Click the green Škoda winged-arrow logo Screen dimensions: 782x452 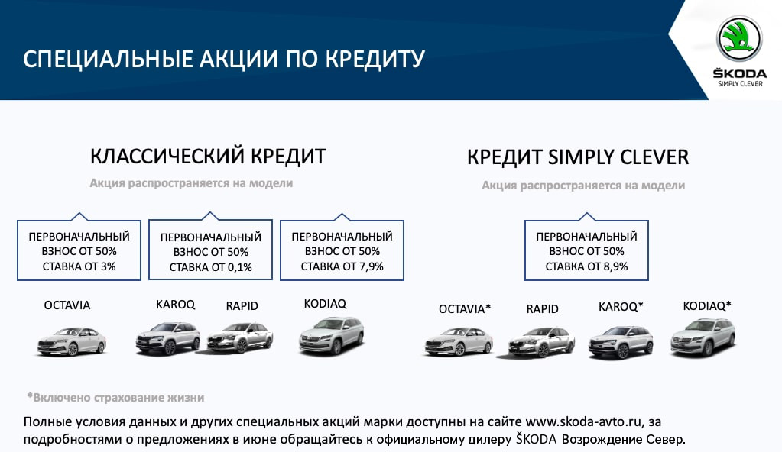[x=739, y=39]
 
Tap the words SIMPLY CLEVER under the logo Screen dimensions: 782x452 [x=740, y=84]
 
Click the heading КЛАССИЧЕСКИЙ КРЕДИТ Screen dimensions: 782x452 [x=208, y=157]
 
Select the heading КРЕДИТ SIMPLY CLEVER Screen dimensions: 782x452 [x=578, y=157]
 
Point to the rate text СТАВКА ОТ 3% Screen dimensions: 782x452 [x=79, y=266]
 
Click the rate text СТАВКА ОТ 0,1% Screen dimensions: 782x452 [x=210, y=268]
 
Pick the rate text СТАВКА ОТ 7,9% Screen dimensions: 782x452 [x=342, y=266]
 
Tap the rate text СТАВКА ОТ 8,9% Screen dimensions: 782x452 [x=586, y=266]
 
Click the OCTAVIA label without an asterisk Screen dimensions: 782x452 [x=67, y=305]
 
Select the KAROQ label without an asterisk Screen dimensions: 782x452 [x=176, y=305]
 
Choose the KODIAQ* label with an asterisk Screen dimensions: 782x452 [x=706, y=305]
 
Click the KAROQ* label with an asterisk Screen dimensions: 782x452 [x=621, y=306]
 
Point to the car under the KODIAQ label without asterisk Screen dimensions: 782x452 [x=331, y=335]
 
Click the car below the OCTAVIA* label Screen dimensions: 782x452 [x=459, y=342]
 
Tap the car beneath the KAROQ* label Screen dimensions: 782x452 [x=621, y=342]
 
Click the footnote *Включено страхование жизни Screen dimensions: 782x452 [x=115, y=398]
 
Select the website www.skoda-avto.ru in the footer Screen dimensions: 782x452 [x=583, y=421]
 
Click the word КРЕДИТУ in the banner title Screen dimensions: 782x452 [x=375, y=59]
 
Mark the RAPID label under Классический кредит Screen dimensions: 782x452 [x=242, y=306]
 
